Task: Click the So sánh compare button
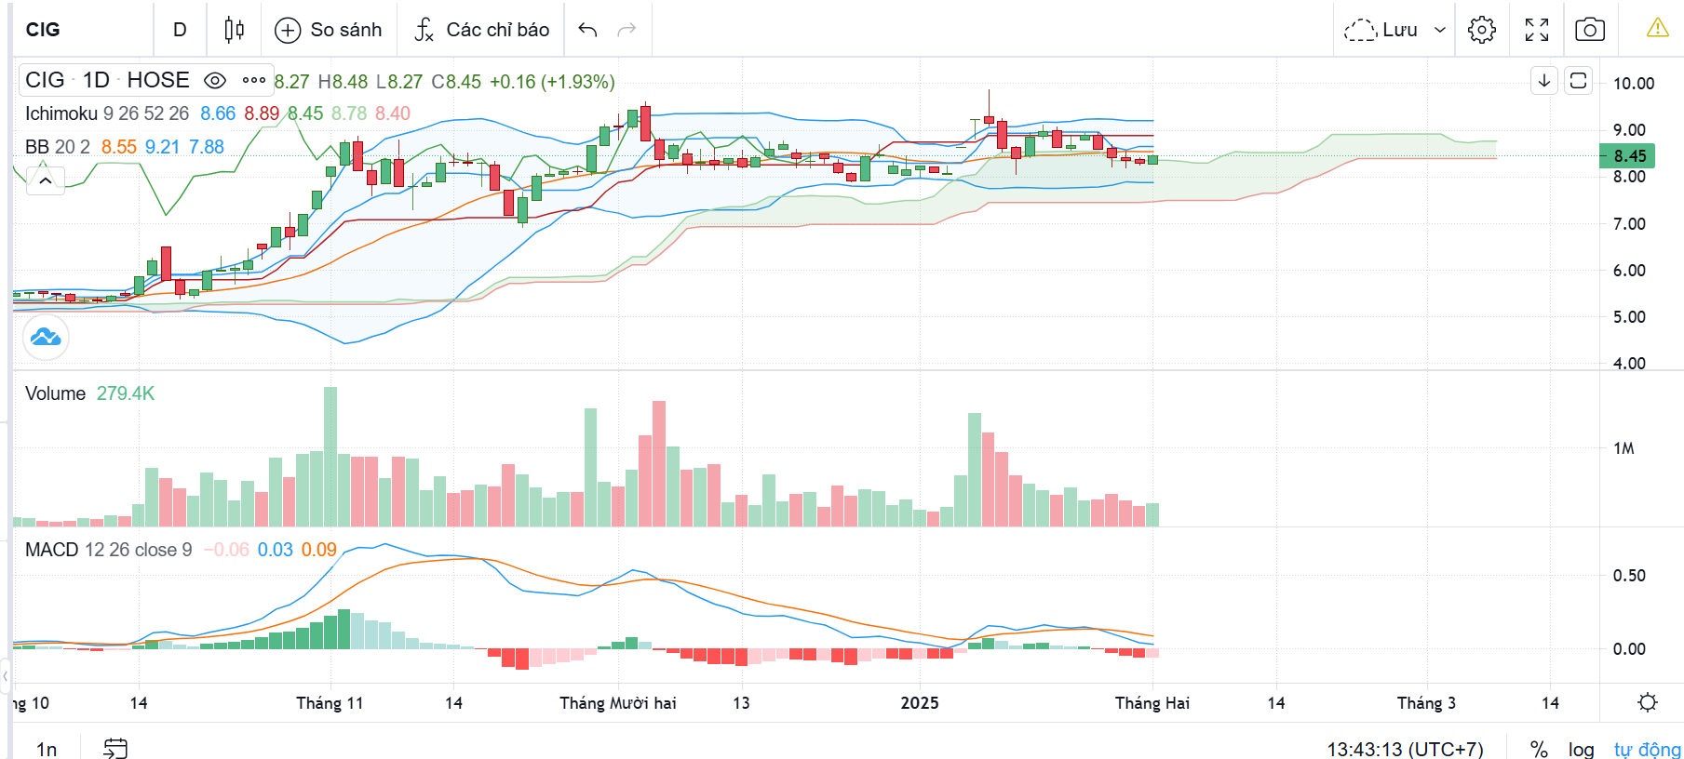(x=329, y=30)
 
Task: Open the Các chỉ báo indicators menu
(x=481, y=30)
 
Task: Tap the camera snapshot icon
(x=1589, y=30)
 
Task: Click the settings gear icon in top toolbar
(x=1481, y=30)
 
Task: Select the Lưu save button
(x=1394, y=30)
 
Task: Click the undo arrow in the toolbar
(x=587, y=30)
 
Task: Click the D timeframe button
(x=180, y=30)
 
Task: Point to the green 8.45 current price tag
(x=1628, y=156)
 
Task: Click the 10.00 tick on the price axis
(x=1634, y=84)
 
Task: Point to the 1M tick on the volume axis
(x=1623, y=448)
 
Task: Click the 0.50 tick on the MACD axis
(x=1629, y=576)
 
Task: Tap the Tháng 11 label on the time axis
(x=330, y=703)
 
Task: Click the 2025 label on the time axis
(x=920, y=703)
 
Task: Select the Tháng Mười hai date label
(x=618, y=703)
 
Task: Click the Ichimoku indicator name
(x=61, y=113)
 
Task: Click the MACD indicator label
(x=52, y=550)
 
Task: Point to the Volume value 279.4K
(x=126, y=393)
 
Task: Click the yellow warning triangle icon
(x=1657, y=29)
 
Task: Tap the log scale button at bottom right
(x=1581, y=749)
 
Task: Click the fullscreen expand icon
(x=1537, y=30)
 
